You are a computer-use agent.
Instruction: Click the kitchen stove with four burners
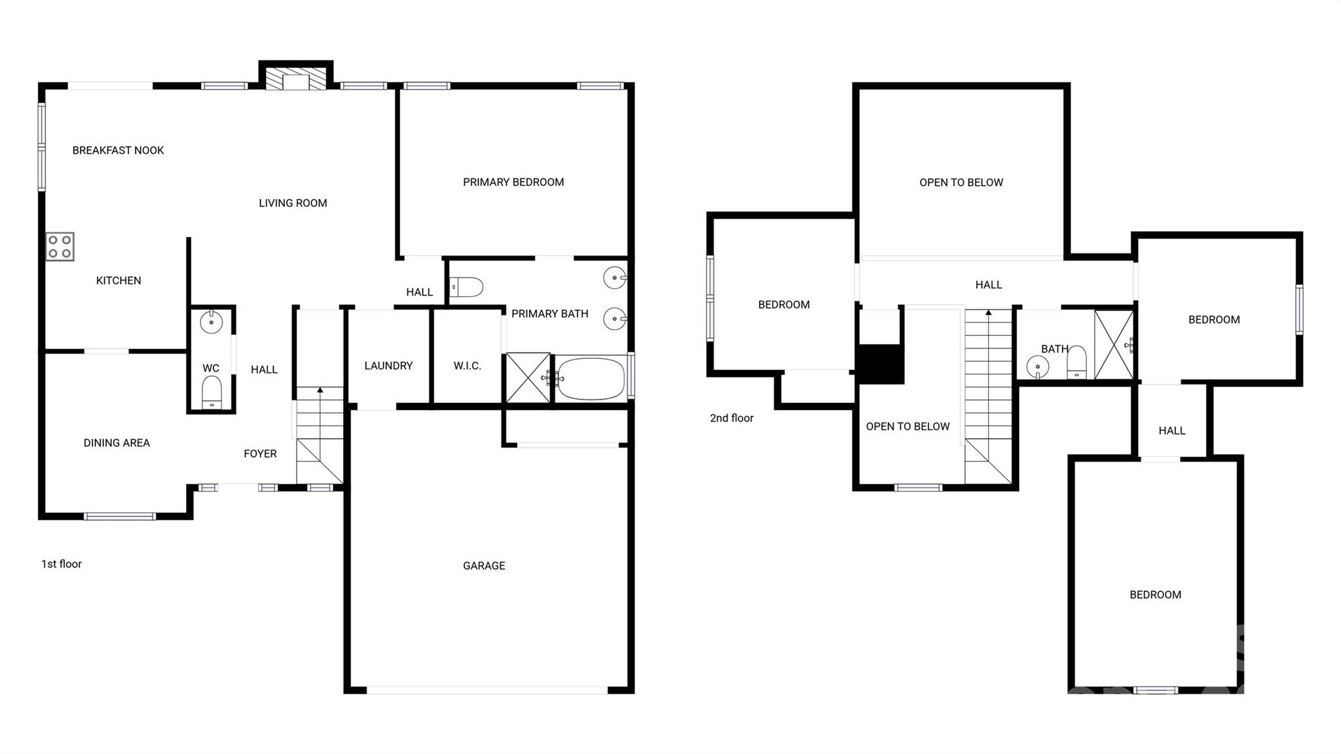click(60, 247)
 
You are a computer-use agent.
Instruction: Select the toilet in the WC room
click(211, 392)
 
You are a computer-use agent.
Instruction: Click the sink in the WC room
click(211, 322)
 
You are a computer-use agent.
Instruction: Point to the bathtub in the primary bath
click(591, 378)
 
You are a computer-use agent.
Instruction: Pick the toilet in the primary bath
click(468, 287)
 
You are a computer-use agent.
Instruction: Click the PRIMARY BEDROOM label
click(513, 182)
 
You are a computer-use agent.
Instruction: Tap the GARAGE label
click(484, 565)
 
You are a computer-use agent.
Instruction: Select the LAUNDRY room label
click(388, 366)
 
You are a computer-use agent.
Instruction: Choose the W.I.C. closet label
click(468, 366)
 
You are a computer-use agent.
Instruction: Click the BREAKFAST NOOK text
click(118, 150)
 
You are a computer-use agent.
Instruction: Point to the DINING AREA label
click(117, 443)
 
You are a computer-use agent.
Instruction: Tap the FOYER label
click(260, 453)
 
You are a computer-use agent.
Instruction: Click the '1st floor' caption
click(62, 564)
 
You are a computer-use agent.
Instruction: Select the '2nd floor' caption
click(731, 418)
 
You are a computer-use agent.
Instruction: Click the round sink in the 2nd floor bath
click(1038, 366)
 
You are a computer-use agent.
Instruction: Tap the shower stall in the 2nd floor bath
click(1113, 345)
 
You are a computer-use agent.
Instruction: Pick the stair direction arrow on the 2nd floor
click(989, 313)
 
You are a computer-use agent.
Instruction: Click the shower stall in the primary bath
click(528, 378)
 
